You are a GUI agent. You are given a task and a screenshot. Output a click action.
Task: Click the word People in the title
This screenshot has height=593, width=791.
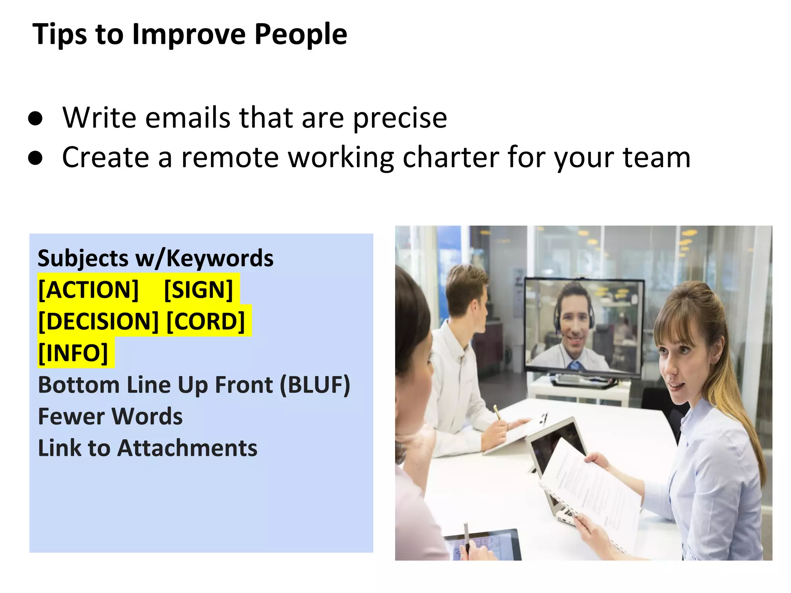click(300, 34)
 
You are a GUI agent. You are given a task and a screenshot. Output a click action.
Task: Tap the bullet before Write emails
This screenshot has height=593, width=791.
click(35, 119)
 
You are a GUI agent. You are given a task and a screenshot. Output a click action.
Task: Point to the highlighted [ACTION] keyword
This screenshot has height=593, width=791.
click(88, 290)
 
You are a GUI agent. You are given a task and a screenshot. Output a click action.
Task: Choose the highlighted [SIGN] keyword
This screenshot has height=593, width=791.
click(199, 290)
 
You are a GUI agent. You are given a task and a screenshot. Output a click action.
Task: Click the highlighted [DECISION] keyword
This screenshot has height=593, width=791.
click(98, 322)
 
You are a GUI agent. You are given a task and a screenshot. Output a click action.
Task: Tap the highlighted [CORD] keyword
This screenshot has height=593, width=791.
click(206, 322)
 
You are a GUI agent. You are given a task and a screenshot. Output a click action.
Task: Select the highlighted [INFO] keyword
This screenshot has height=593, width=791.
click(73, 353)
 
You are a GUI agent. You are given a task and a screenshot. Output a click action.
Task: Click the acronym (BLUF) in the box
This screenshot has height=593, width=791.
click(314, 385)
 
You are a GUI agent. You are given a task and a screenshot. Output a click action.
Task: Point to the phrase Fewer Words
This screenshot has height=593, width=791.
click(110, 417)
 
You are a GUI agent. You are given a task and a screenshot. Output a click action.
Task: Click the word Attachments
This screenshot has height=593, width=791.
click(187, 448)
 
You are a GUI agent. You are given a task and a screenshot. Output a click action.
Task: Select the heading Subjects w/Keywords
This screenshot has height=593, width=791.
click(155, 258)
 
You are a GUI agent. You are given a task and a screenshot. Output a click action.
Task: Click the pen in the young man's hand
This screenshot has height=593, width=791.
click(497, 412)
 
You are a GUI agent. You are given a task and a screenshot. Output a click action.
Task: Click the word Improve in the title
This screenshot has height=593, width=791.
click(189, 34)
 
